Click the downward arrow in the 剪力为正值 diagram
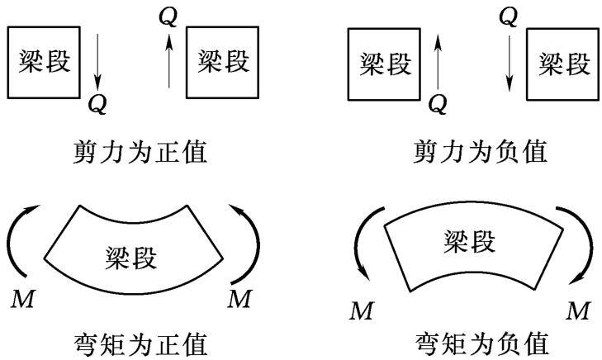point(97,61)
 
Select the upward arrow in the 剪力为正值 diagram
point(169,60)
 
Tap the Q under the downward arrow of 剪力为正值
point(97,104)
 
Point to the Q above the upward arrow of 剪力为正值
point(168,17)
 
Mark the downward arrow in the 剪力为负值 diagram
point(509,64)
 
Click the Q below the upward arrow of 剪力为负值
point(438,104)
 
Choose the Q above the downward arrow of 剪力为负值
point(509,17)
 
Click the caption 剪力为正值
point(140,152)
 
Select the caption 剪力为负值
point(481,152)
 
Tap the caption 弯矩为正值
point(140,343)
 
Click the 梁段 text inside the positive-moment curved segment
point(131,258)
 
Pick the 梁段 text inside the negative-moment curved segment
point(470,242)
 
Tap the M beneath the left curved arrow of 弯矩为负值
point(361,310)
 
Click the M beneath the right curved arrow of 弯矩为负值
point(578,310)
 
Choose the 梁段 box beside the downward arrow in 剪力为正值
point(44,62)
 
